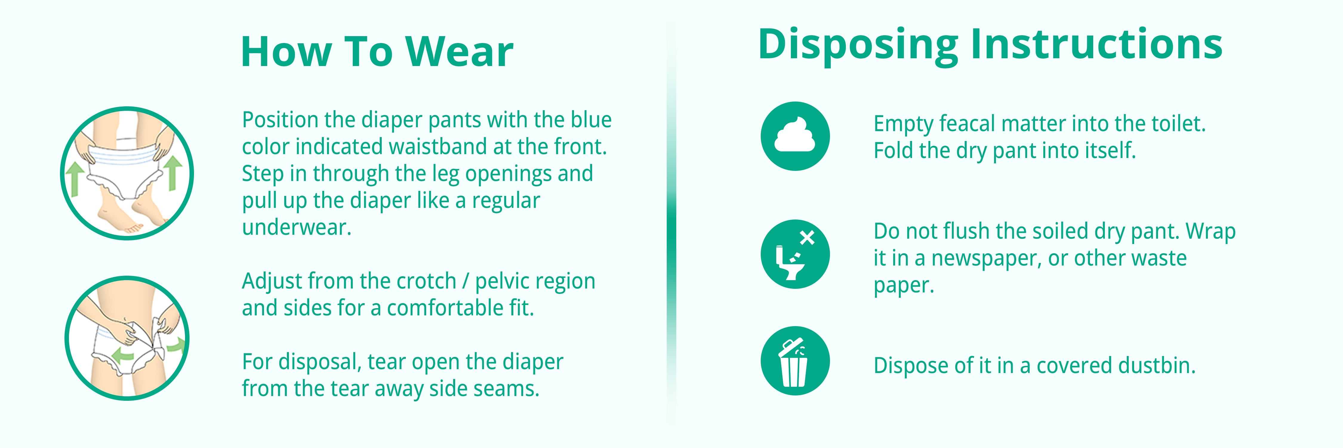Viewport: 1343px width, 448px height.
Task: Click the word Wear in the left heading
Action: click(x=459, y=52)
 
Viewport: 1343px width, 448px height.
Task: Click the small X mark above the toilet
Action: click(x=807, y=238)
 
